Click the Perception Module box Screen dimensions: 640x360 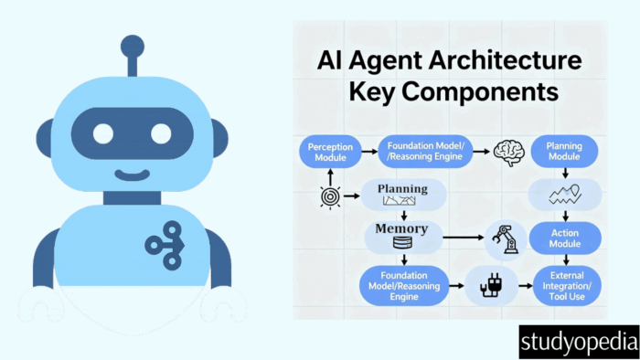(330, 152)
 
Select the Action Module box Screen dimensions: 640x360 (565, 238)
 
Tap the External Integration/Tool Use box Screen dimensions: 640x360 (567, 286)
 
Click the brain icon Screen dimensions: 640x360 (508, 153)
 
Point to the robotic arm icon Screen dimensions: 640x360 (506, 239)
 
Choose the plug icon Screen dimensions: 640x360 (491, 285)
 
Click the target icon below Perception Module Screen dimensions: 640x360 (330, 197)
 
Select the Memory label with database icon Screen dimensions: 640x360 (402, 236)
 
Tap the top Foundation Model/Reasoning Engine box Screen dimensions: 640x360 (425, 152)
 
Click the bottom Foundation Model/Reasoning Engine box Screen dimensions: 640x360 (404, 286)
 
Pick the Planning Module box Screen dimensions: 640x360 (564, 152)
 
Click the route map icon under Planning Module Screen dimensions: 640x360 (565, 195)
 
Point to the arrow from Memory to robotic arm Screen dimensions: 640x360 (464, 238)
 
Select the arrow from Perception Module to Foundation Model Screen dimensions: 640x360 (369, 152)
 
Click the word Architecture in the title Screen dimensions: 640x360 (505, 60)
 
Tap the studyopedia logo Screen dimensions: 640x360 (579, 342)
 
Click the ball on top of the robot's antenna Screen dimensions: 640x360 (133, 47)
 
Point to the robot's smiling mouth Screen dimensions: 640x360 (132, 175)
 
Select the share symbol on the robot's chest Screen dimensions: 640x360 (165, 246)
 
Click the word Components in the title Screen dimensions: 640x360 (480, 91)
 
